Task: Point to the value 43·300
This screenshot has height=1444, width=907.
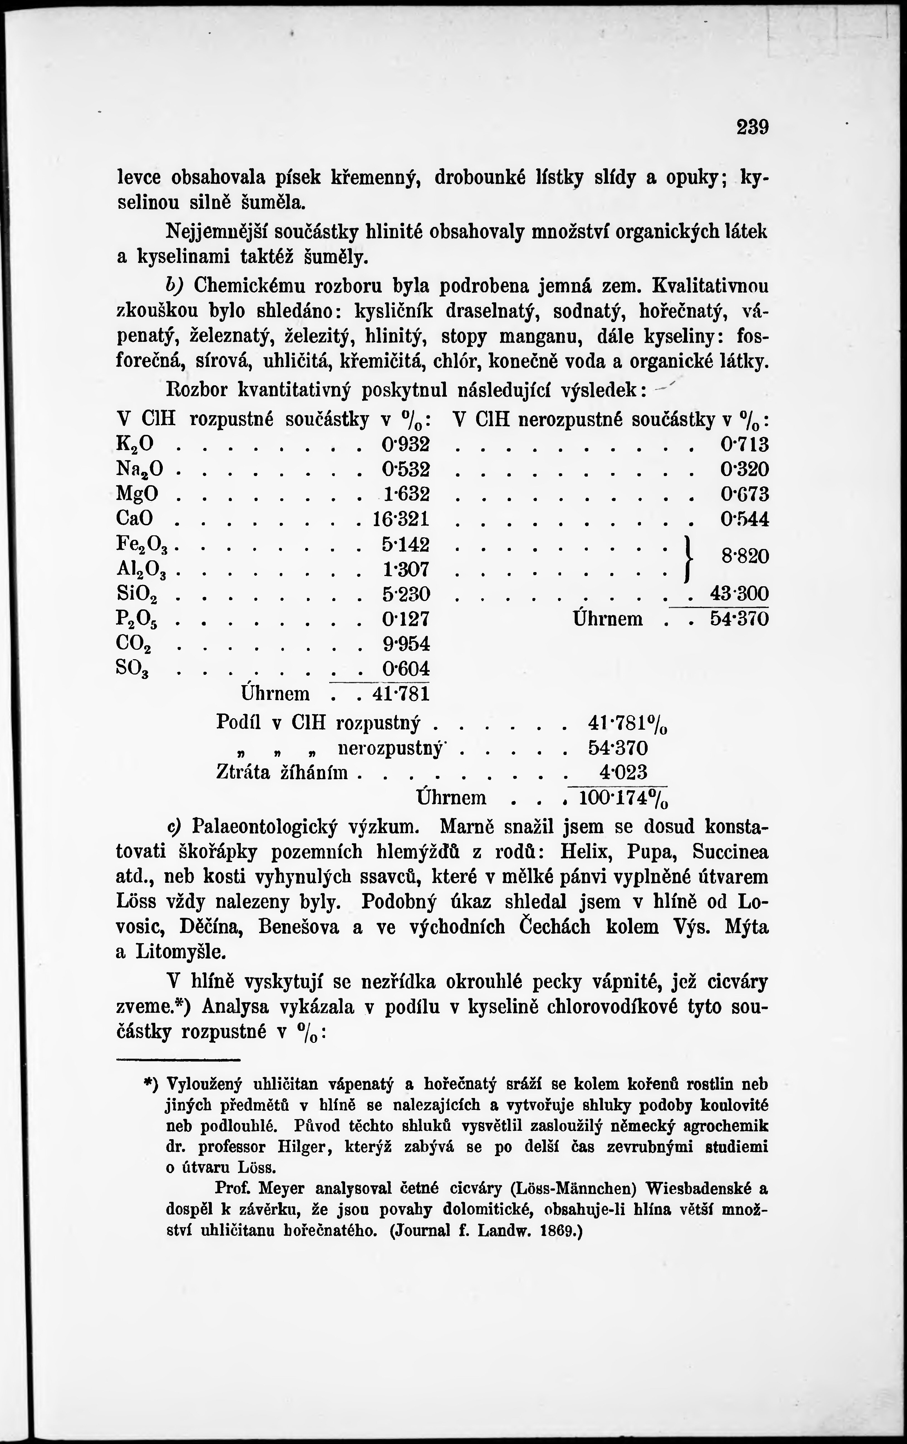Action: tap(739, 594)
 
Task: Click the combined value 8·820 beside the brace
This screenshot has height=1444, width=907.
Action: tap(745, 556)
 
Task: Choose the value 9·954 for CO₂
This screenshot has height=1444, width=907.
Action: tap(406, 644)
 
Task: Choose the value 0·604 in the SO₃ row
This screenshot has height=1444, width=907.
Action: tap(406, 669)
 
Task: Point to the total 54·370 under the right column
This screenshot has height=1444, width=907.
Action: tap(739, 619)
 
